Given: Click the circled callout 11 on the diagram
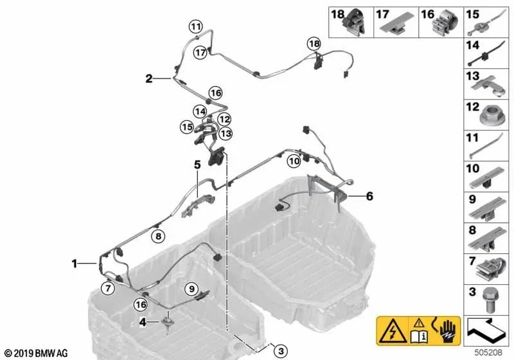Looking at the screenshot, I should click(195, 26).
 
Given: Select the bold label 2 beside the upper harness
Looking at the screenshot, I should click(149, 79).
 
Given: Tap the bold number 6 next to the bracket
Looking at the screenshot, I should click(369, 197).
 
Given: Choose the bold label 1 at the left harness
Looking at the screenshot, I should click(75, 263).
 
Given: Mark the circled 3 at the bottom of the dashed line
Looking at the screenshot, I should click(279, 350).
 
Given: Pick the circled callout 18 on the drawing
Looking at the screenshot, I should click(313, 44).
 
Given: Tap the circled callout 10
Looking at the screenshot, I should click(293, 161).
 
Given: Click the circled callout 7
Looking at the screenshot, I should click(108, 287).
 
